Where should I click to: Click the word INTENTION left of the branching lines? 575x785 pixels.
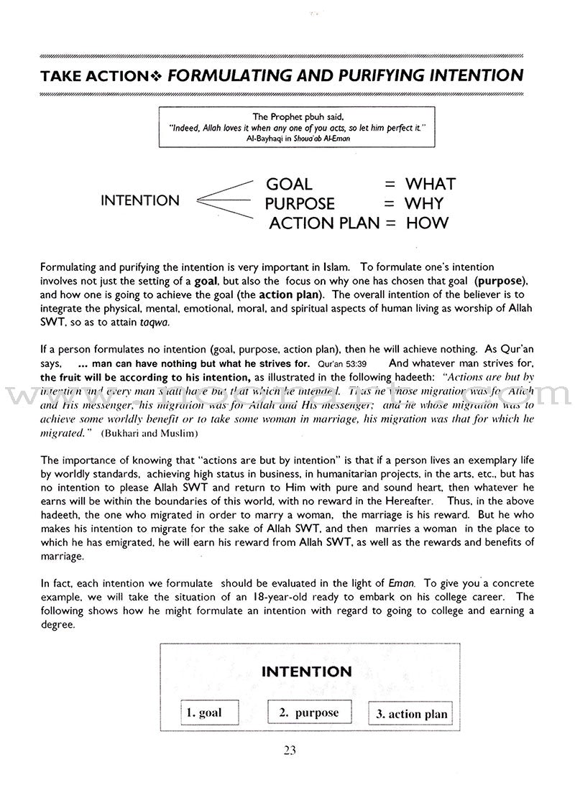(141, 201)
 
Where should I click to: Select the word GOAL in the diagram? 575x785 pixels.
(290, 185)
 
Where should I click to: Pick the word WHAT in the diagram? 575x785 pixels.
(430, 185)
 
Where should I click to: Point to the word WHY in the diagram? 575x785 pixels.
(425, 204)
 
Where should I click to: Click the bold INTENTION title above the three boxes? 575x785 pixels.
(306, 672)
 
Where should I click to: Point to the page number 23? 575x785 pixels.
(290, 751)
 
